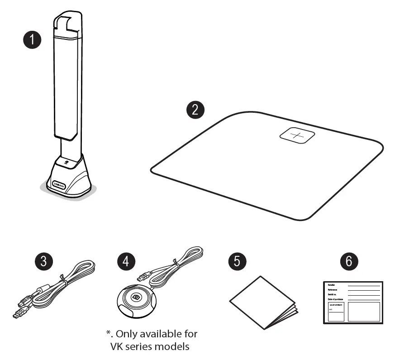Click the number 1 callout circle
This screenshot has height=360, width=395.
[x=32, y=40]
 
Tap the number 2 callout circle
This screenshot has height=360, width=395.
[x=195, y=110]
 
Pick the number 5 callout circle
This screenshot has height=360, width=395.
[x=238, y=262]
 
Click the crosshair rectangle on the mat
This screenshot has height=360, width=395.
[x=298, y=135]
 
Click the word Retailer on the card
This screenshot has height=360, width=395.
[x=333, y=284]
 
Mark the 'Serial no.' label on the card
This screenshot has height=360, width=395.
[x=334, y=294]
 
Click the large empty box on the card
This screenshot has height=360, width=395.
[x=364, y=312]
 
